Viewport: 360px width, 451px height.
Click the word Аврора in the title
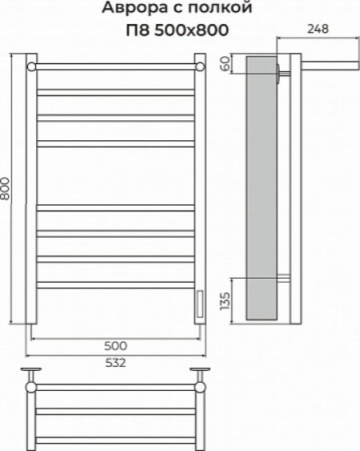click(x=135, y=8)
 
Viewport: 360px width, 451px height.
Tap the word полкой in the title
click(x=220, y=8)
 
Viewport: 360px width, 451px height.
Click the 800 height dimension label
click(x=6, y=189)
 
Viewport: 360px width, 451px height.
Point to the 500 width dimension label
click(x=115, y=346)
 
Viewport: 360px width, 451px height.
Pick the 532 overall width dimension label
click(x=115, y=363)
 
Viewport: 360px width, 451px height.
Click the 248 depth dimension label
click(x=318, y=29)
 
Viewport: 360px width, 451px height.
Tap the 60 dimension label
click(x=226, y=63)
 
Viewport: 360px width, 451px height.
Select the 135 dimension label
click(x=225, y=301)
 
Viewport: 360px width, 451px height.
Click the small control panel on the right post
click(x=200, y=304)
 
